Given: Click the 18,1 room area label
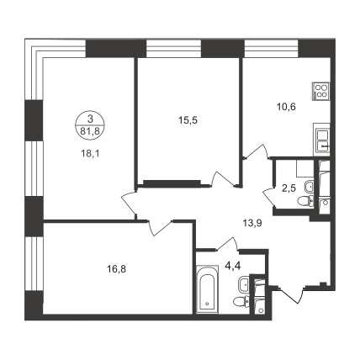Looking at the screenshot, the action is pos(91,154).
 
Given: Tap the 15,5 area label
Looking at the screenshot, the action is pos(188,120).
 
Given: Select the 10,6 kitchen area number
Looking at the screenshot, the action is pos(286,107).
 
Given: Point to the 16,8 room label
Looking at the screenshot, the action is pos(116,269).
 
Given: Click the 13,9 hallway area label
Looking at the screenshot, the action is pos(252,223).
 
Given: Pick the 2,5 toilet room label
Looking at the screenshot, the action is pos(289,188).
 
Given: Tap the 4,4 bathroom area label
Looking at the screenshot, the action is pos(233,265).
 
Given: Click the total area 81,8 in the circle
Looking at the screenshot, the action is pos(90,131).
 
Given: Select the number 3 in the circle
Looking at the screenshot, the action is pos(90,119).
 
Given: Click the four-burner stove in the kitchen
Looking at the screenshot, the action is pos(321,91).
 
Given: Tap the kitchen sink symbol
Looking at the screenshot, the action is pos(322,140).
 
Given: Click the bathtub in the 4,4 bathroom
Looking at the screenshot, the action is pos(207,289).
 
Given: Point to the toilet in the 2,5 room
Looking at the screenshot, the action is pos(305,201).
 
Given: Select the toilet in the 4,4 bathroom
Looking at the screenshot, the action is pos(241,301).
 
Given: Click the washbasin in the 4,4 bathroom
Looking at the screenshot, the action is pos(244,284).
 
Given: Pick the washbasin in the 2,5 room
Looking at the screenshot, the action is pos(309,186).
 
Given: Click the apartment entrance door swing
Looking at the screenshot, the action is pos(291,295).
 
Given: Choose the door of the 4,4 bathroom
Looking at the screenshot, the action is pos(228,243).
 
